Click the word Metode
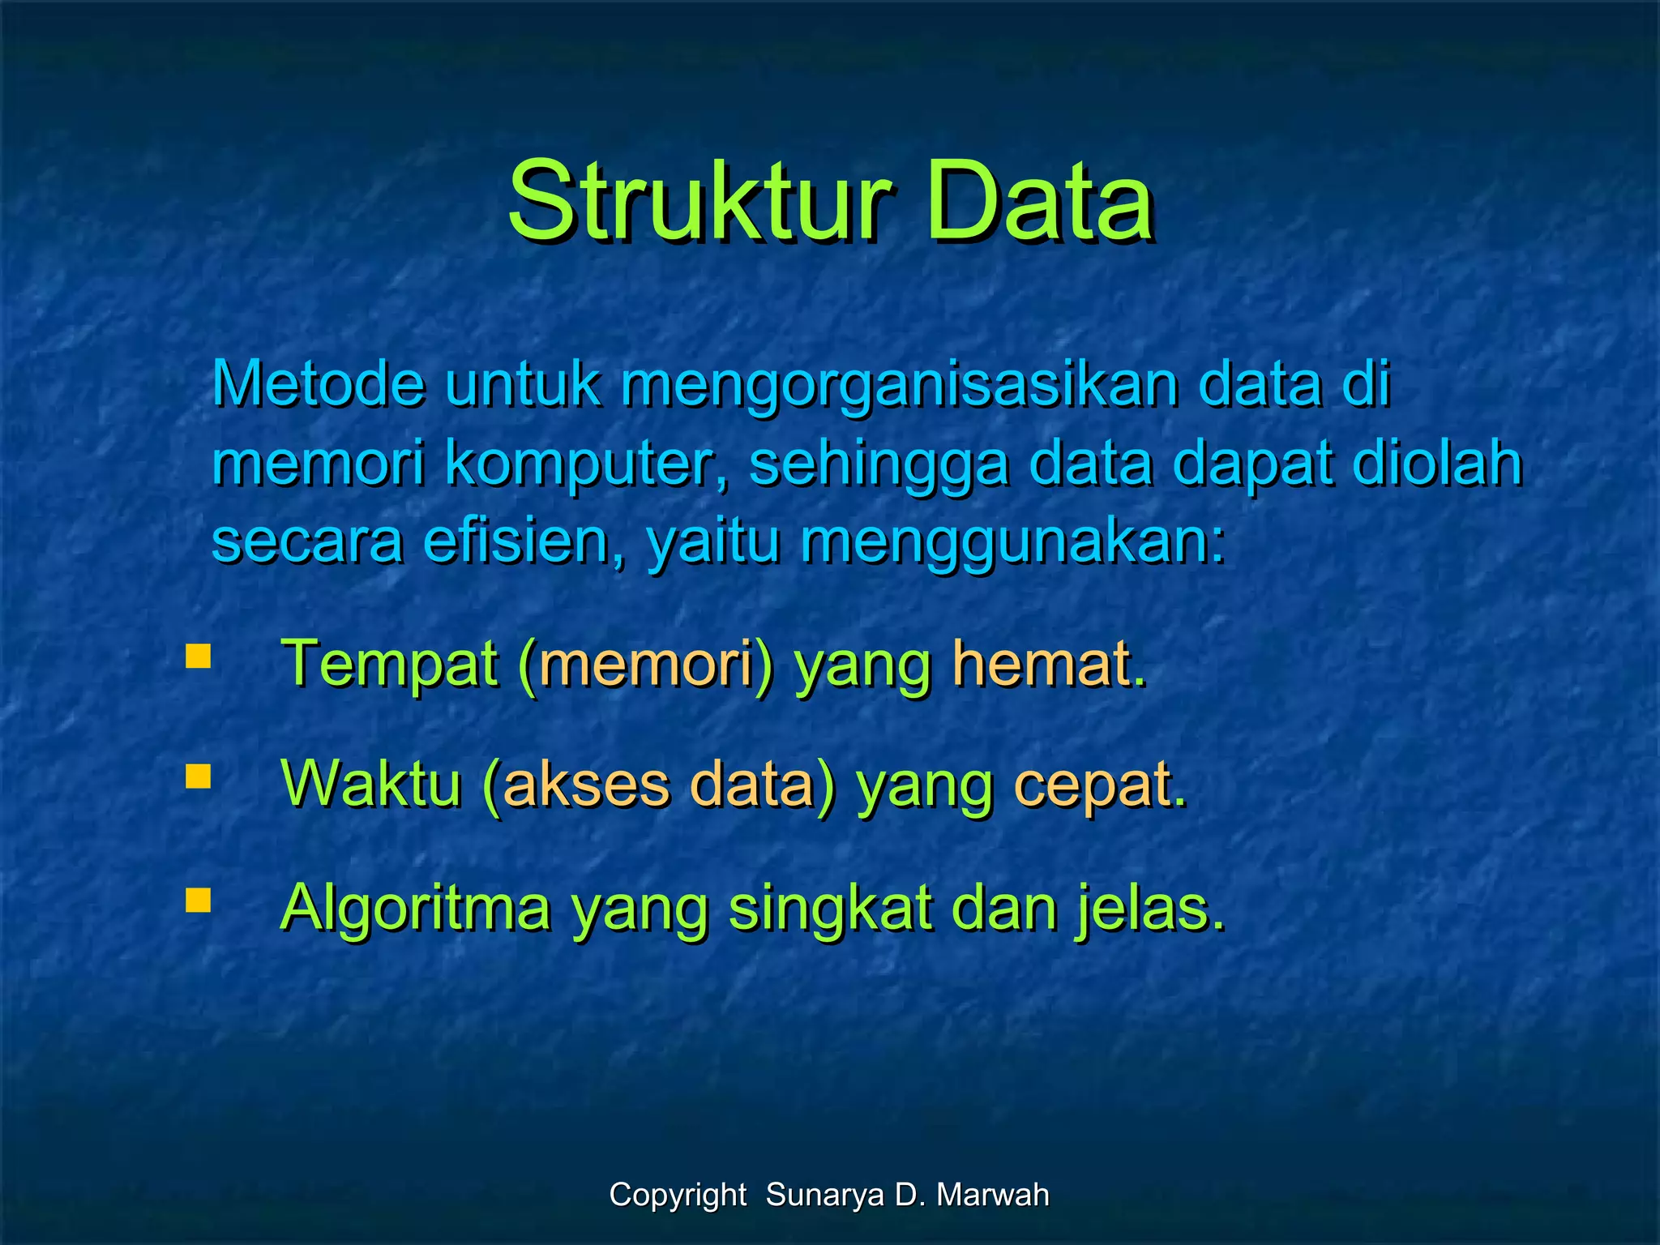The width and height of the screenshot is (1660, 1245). (x=318, y=383)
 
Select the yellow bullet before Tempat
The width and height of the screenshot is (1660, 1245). (x=198, y=655)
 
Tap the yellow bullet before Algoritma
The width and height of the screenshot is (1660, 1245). (x=198, y=900)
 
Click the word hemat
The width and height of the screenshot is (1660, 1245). (x=1049, y=665)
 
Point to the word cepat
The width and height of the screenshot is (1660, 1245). (x=1099, y=786)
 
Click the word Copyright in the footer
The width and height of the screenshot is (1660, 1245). (x=678, y=1196)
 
